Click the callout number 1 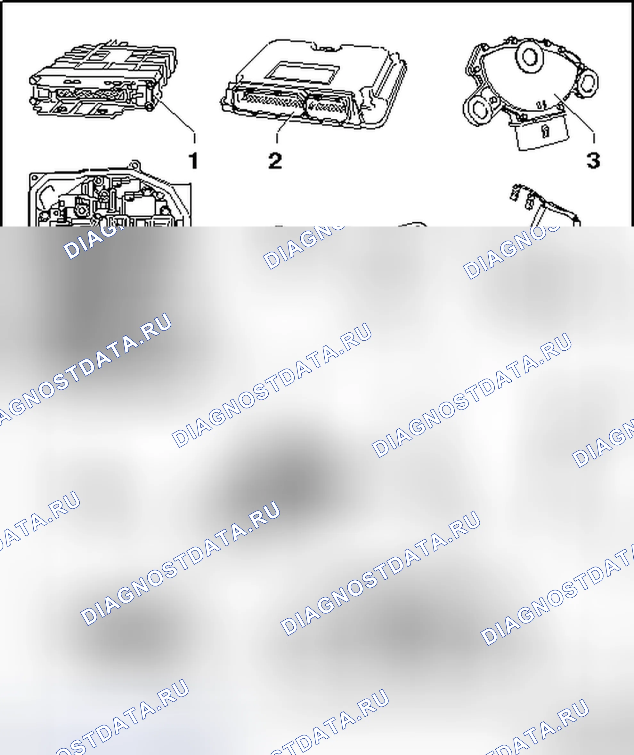[x=194, y=160]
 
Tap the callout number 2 [x=275, y=160]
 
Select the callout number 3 [x=593, y=160]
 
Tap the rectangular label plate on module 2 [x=303, y=72]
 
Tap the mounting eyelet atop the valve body [x=134, y=166]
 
